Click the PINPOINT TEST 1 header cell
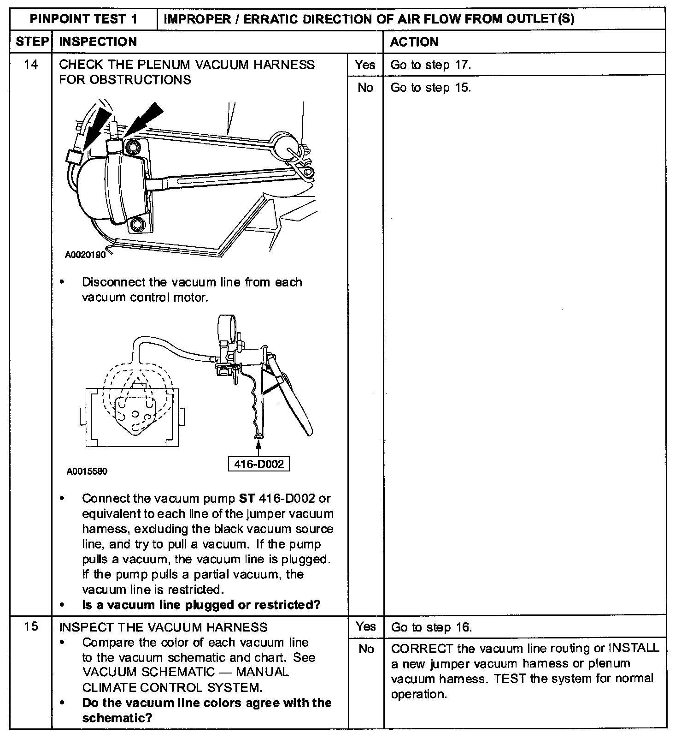83,19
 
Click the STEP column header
31,42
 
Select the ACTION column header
414,42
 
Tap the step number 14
31,64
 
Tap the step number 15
31,627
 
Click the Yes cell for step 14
365,65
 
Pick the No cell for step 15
366,649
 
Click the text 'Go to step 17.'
430,65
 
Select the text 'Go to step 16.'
431,627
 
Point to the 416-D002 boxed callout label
259,464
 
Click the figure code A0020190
85,254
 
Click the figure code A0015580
87,471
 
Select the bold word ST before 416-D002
247,499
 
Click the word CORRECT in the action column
422,649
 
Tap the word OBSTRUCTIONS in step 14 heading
140,80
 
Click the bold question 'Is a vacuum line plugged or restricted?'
201,605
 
